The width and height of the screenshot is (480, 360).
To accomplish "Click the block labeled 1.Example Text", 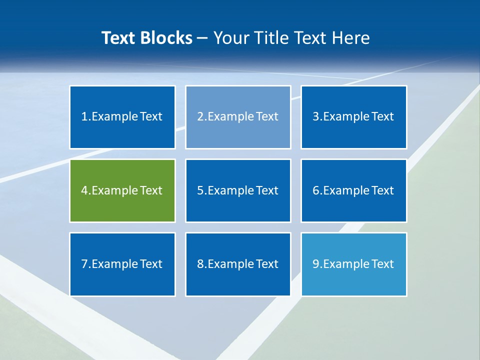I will tap(122, 117).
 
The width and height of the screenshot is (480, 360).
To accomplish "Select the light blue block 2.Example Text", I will tap(238, 117).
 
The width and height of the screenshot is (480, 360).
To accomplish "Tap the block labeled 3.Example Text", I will tap(353, 117).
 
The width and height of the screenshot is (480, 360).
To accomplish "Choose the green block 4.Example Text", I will tap(122, 190).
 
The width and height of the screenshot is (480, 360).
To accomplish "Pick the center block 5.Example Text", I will tap(238, 190).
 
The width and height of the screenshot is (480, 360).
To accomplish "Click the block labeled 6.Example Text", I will tap(353, 190).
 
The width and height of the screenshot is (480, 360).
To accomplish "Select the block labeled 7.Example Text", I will tap(122, 264).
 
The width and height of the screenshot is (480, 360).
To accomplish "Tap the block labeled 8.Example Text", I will tap(238, 264).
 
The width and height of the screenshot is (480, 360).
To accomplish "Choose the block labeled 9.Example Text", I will tap(353, 264).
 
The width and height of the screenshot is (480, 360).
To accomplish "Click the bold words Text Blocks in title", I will tap(147, 38).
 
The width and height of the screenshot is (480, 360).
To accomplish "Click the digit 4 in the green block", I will tap(84, 190).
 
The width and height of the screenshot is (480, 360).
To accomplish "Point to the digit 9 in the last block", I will tap(316, 264).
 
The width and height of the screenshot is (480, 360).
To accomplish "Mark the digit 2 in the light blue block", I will tap(200, 117).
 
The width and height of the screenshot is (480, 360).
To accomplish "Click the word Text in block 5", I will tap(267, 190).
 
